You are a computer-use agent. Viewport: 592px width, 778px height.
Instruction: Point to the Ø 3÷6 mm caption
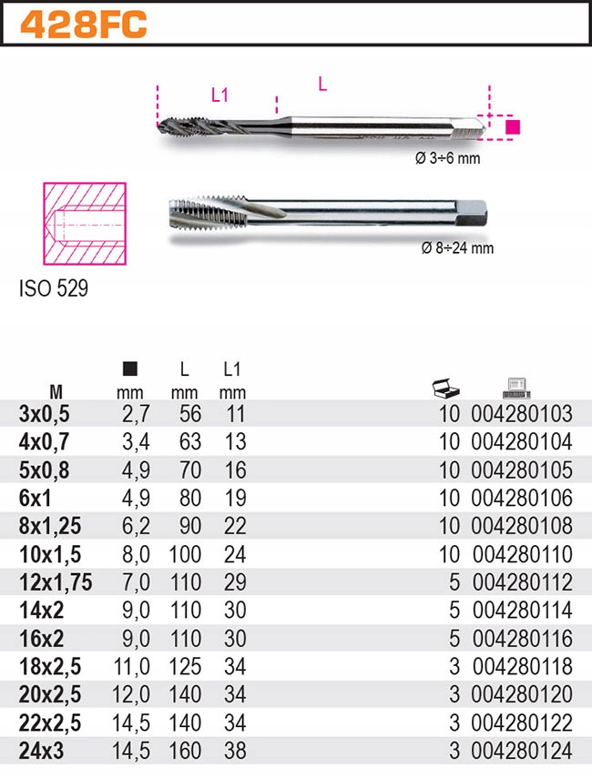(447, 157)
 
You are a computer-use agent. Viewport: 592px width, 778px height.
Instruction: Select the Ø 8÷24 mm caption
(457, 248)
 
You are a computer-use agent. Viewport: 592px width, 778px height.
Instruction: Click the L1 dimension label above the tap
(219, 94)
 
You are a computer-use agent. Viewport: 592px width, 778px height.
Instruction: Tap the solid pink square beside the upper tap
(513, 126)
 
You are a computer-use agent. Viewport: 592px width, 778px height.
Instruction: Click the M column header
(56, 393)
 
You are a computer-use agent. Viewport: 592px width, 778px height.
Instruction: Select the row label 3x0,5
(44, 414)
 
